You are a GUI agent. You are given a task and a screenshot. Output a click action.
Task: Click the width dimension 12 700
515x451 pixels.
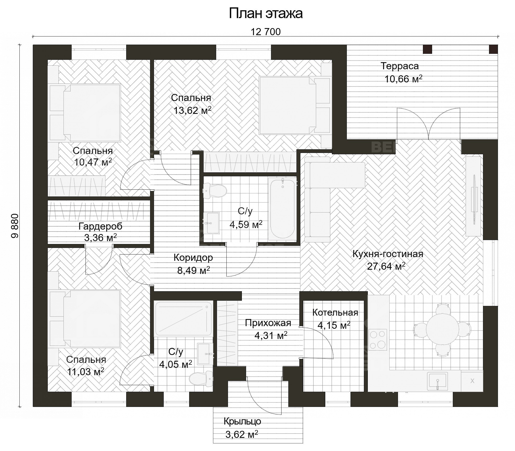coord(265,32)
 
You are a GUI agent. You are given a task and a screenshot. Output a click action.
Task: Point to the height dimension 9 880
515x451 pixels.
coord(15,226)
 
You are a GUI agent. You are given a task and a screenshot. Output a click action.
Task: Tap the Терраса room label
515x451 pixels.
coord(399,66)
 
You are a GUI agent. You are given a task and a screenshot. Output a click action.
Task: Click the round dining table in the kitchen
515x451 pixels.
coord(442,328)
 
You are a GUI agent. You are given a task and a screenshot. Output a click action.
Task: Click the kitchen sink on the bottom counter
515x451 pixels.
coord(437,380)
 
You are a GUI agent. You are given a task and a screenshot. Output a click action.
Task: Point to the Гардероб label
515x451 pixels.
coord(100,226)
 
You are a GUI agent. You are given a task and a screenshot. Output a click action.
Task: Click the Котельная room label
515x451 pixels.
coord(335,312)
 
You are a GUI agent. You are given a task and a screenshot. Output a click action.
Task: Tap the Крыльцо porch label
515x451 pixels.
coord(242,421)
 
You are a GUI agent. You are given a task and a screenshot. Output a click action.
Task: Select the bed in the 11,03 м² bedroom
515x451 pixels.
coord(89,319)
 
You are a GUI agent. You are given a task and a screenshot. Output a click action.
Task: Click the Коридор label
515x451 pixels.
coord(193,258)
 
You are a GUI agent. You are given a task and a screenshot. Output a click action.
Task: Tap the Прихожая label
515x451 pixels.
coord(268,323)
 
